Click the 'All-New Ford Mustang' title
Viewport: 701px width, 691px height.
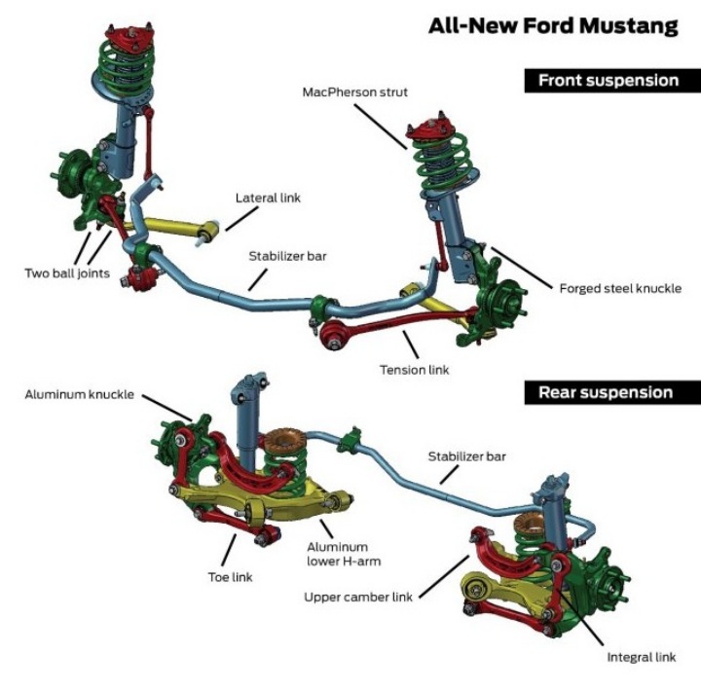tap(553, 26)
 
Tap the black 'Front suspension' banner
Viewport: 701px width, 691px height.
tap(612, 81)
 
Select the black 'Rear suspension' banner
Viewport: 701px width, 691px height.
tap(612, 392)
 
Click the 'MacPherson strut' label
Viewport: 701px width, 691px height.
tap(355, 92)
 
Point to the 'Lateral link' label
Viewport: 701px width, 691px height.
tap(268, 198)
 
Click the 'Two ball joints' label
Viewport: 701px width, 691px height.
tap(67, 273)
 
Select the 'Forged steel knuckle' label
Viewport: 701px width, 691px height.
tap(620, 288)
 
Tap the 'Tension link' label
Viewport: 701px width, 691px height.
tap(415, 370)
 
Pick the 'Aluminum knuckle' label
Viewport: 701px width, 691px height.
tap(79, 394)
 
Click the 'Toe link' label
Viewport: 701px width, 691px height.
tap(230, 577)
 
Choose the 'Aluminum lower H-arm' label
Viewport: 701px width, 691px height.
tap(344, 554)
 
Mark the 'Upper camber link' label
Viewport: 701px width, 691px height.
tap(358, 598)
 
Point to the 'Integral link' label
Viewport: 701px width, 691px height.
tap(641, 657)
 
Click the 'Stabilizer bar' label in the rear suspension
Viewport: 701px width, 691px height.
tap(466, 456)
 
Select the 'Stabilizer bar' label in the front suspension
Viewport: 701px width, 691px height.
tap(287, 256)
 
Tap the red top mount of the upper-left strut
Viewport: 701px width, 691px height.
tap(129, 37)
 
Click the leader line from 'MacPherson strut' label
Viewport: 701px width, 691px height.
tap(381, 127)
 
